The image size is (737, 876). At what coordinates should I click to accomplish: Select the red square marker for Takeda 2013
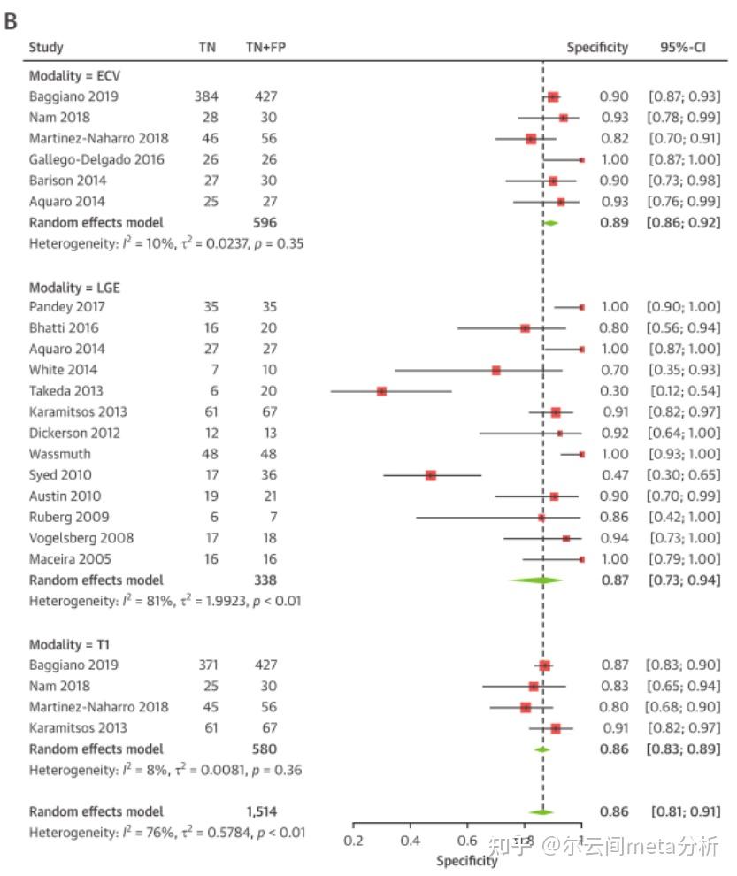tap(381, 390)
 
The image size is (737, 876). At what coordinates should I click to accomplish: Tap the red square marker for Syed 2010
tap(431, 475)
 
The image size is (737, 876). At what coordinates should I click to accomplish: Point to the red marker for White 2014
tap(496, 370)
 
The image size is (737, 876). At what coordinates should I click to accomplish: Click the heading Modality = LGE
tap(74, 288)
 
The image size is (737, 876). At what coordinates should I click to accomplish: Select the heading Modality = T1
tap(70, 643)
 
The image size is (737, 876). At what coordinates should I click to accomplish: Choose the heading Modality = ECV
tap(74, 75)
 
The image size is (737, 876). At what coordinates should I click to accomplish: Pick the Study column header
tap(46, 47)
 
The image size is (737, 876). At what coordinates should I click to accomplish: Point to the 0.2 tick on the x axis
tap(354, 841)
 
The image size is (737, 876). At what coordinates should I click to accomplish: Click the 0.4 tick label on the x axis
tap(411, 841)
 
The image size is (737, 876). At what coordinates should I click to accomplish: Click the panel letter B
tap(12, 21)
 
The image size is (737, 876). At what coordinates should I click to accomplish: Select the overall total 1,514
tap(261, 811)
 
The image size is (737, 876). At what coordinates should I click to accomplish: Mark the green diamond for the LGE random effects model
tap(536, 580)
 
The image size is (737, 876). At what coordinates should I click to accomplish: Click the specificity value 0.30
tap(614, 390)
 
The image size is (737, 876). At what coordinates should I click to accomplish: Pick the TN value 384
tap(206, 96)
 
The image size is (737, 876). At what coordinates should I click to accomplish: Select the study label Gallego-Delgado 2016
tap(96, 159)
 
